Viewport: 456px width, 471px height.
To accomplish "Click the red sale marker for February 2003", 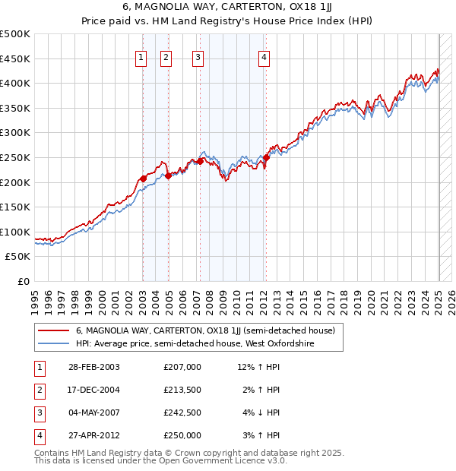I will [143, 179].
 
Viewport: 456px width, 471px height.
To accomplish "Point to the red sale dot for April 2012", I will [266, 157].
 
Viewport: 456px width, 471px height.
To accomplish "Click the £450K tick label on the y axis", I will [15, 58].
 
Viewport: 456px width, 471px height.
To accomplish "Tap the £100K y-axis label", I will [15, 232].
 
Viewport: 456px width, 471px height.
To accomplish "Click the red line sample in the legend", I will [53, 330].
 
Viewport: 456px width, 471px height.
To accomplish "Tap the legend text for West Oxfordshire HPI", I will [195, 344].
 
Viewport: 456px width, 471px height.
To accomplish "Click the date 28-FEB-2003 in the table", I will [94, 367].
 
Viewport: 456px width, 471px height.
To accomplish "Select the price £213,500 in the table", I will [182, 390].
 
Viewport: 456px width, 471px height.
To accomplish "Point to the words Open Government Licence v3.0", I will [225, 460].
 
